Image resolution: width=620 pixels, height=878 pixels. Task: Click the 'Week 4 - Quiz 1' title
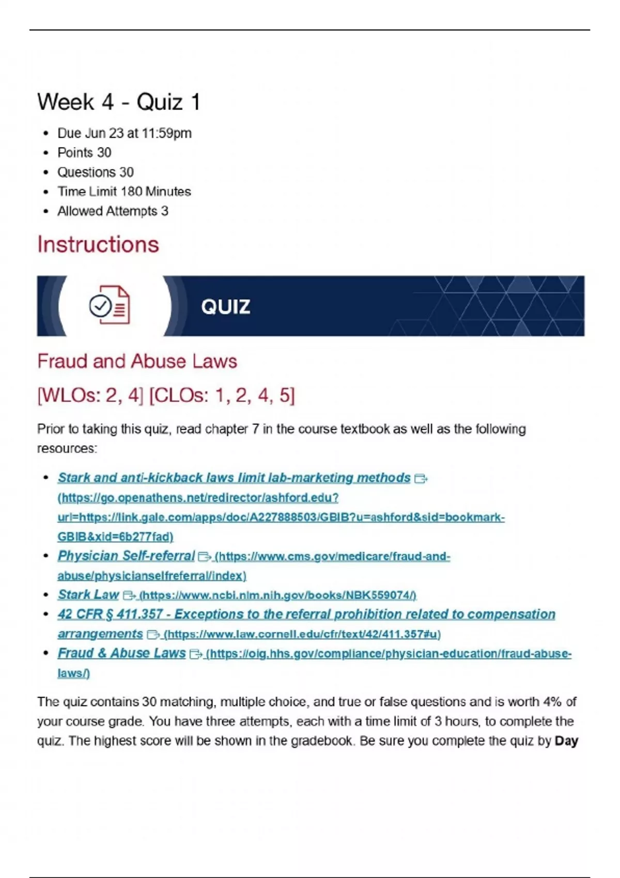click(x=119, y=102)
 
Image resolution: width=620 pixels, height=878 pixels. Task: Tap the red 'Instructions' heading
click(x=98, y=244)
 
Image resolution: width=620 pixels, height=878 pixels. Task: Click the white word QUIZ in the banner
click(x=226, y=307)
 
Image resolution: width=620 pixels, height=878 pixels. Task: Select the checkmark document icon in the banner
click(x=110, y=305)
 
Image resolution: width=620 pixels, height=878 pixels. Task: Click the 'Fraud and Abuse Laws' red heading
click(x=137, y=361)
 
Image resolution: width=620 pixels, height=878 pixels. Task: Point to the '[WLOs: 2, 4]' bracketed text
click(x=90, y=395)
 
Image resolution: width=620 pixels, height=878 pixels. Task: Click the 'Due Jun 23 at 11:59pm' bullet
click(x=124, y=133)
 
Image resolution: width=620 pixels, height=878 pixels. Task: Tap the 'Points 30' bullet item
click(x=84, y=152)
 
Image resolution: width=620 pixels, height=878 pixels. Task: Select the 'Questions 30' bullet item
click(x=95, y=172)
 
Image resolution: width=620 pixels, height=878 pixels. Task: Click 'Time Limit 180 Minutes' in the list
click(x=124, y=192)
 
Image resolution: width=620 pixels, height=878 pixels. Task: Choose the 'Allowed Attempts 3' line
click(x=113, y=211)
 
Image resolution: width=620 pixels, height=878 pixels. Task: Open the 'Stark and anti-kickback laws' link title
click(x=234, y=478)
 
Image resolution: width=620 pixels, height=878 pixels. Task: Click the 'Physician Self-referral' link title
click(x=126, y=556)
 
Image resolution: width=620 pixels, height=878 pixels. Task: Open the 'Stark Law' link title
click(x=88, y=594)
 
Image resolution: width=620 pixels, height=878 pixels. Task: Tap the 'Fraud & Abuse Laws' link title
click(x=121, y=653)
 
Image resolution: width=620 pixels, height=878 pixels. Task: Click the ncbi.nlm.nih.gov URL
click(x=277, y=595)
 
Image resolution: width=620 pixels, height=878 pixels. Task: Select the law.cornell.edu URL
click(x=302, y=634)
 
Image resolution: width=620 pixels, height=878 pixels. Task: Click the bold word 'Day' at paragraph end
click(x=566, y=741)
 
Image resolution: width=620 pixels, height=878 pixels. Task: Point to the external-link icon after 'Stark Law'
click(x=129, y=595)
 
